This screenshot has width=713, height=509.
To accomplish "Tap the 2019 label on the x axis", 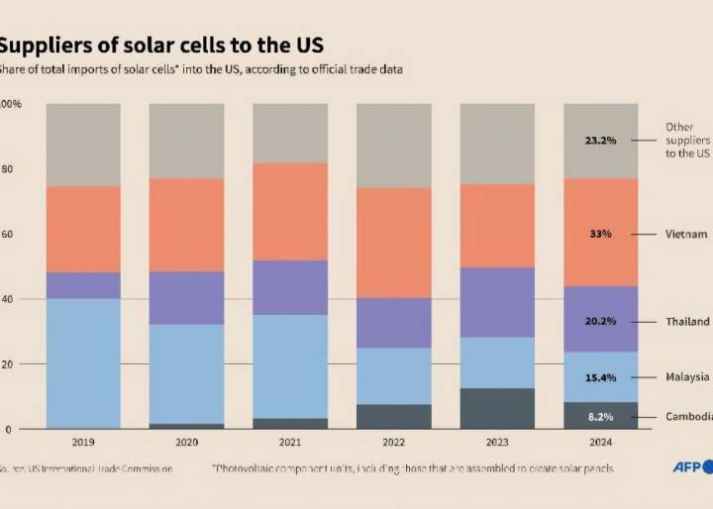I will click(83, 443).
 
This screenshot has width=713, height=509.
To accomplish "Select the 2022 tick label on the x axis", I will click(393, 443).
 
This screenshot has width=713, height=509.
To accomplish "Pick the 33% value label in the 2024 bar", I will click(600, 234).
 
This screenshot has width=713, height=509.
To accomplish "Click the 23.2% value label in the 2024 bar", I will click(600, 141).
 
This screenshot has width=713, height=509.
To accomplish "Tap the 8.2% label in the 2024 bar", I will click(600, 417).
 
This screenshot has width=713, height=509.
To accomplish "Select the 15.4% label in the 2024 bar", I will click(600, 377).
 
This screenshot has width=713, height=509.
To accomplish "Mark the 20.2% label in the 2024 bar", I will click(600, 322).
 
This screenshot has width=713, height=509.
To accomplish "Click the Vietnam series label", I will click(686, 234).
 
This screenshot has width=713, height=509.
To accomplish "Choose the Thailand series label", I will click(687, 322).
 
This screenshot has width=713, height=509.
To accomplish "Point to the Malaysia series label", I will click(687, 377).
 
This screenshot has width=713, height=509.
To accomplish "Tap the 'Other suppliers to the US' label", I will click(687, 141).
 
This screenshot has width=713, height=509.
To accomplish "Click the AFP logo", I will click(689, 467).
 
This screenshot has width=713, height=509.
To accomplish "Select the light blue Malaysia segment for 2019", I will click(83, 362).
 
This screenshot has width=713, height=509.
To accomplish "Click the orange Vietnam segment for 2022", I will click(393, 243).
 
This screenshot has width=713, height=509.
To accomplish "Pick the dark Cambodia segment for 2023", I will click(497, 408).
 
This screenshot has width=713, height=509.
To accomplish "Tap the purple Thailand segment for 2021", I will click(290, 287).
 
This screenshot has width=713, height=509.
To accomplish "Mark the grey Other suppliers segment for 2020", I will click(186, 141).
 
